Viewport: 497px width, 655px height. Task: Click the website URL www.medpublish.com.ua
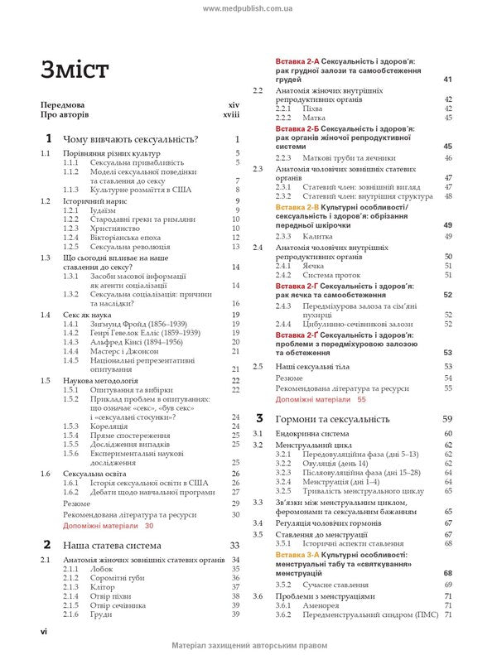[x=248, y=7]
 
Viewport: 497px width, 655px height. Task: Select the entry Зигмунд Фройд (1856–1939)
[x=133, y=325]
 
